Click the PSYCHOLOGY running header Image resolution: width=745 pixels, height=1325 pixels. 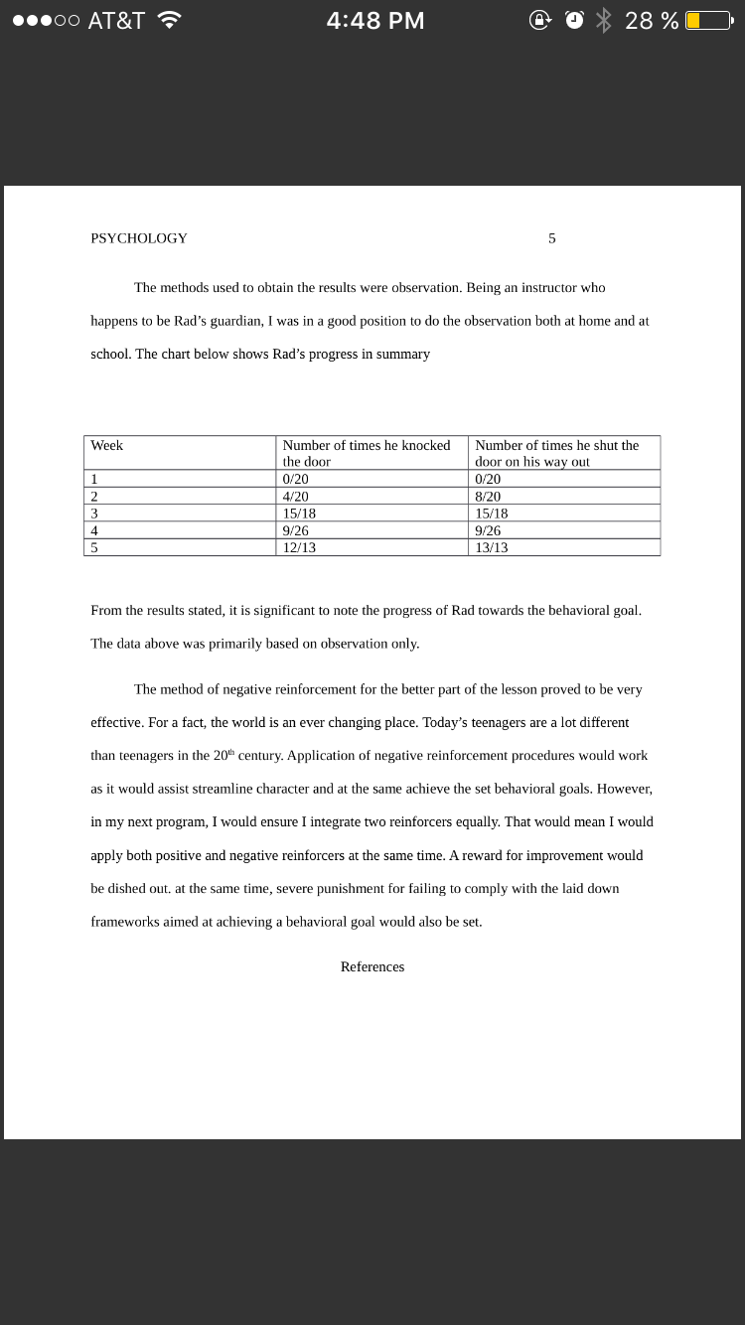(x=139, y=238)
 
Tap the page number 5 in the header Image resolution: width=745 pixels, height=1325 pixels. (x=552, y=238)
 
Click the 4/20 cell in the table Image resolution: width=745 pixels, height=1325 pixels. (x=296, y=497)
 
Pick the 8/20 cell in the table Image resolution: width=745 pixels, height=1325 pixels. (x=489, y=497)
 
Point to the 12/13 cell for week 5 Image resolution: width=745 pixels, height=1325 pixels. (x=299, y=547)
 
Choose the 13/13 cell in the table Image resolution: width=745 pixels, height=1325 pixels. (x=492, y=547)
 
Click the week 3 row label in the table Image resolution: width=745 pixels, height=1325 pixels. (x=95, y=514)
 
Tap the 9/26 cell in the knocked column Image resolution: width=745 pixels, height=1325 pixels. (x=296, y=530)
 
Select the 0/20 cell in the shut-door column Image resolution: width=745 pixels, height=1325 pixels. (x=489, y=479)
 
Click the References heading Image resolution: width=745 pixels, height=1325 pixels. (x=372, y=967)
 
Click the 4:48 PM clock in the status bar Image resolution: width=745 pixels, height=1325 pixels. (x=375, y=21)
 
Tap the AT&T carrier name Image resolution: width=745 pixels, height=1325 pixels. (x=116, y=21)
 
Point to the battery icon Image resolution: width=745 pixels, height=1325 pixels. (x=706, y=21)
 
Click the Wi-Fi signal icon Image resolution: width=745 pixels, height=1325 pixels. (x=170, y=20)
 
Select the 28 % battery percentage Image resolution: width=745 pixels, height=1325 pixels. (x=652, y=21)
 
